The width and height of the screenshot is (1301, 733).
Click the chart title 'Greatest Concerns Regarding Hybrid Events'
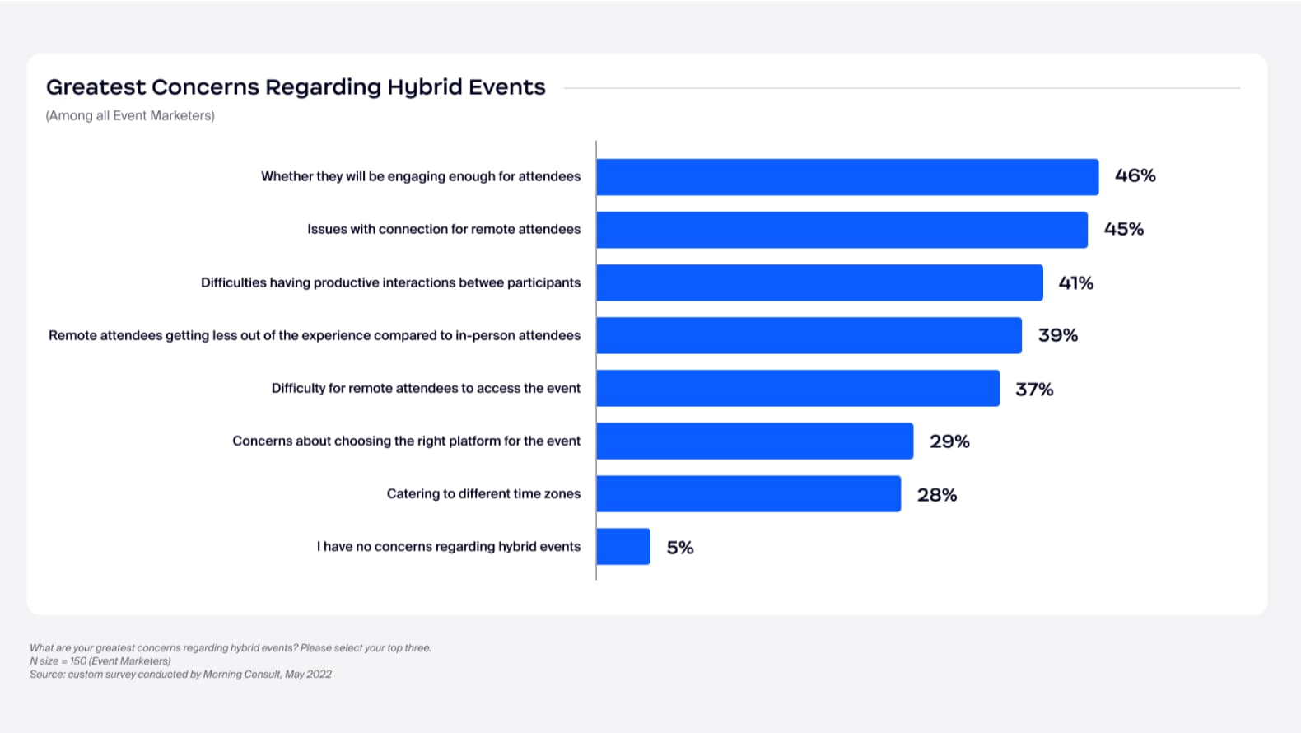click(296, 87)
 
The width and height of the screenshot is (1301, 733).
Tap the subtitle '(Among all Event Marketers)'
click(130, 115)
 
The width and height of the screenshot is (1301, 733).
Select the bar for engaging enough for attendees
click(847, 177)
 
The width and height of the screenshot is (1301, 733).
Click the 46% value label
click(1135, 175)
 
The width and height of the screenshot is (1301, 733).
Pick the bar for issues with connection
click(842, 230)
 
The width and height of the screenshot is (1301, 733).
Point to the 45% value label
click(1123, 229)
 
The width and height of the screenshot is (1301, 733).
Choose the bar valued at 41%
click(819, 282)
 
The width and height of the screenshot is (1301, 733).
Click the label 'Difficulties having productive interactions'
click(390, 282)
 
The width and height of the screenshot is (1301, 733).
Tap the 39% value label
click(1057, 335)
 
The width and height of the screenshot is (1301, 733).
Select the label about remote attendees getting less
click(315, 335)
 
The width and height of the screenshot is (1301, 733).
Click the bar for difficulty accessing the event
click(798, 388)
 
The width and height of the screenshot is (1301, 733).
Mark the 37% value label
click(1033, 389)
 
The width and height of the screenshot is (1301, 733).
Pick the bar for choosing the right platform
click(754, 441)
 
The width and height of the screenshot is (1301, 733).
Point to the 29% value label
click(949, 441)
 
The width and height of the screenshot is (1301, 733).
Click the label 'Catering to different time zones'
click(483, 493)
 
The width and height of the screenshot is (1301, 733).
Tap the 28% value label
click(937, 495)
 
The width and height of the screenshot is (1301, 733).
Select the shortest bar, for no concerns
click(623, 547)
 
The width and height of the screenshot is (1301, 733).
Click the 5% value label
click(679, 548)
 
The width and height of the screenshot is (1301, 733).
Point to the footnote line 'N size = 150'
click(100, 661)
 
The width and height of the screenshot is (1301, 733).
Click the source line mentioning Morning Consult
click(180, 674)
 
